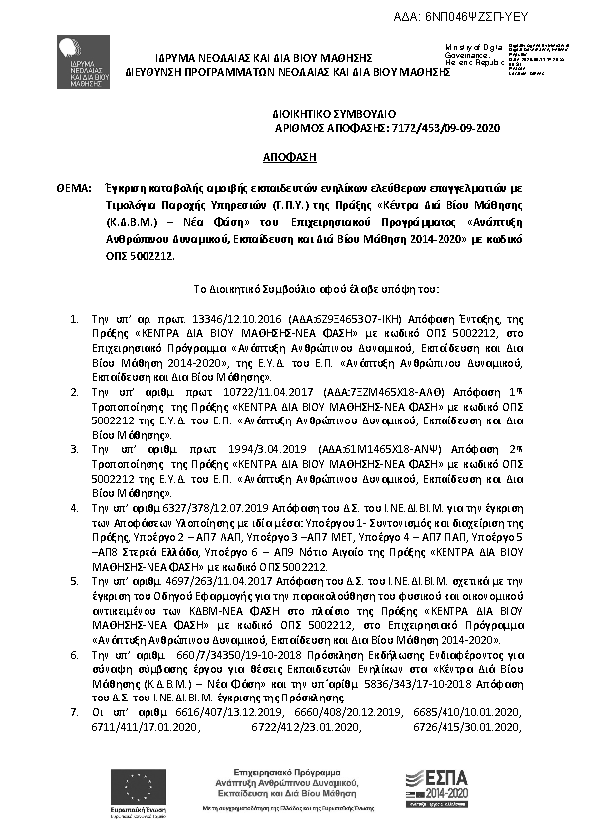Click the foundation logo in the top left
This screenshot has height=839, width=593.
[x=80, y=61]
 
